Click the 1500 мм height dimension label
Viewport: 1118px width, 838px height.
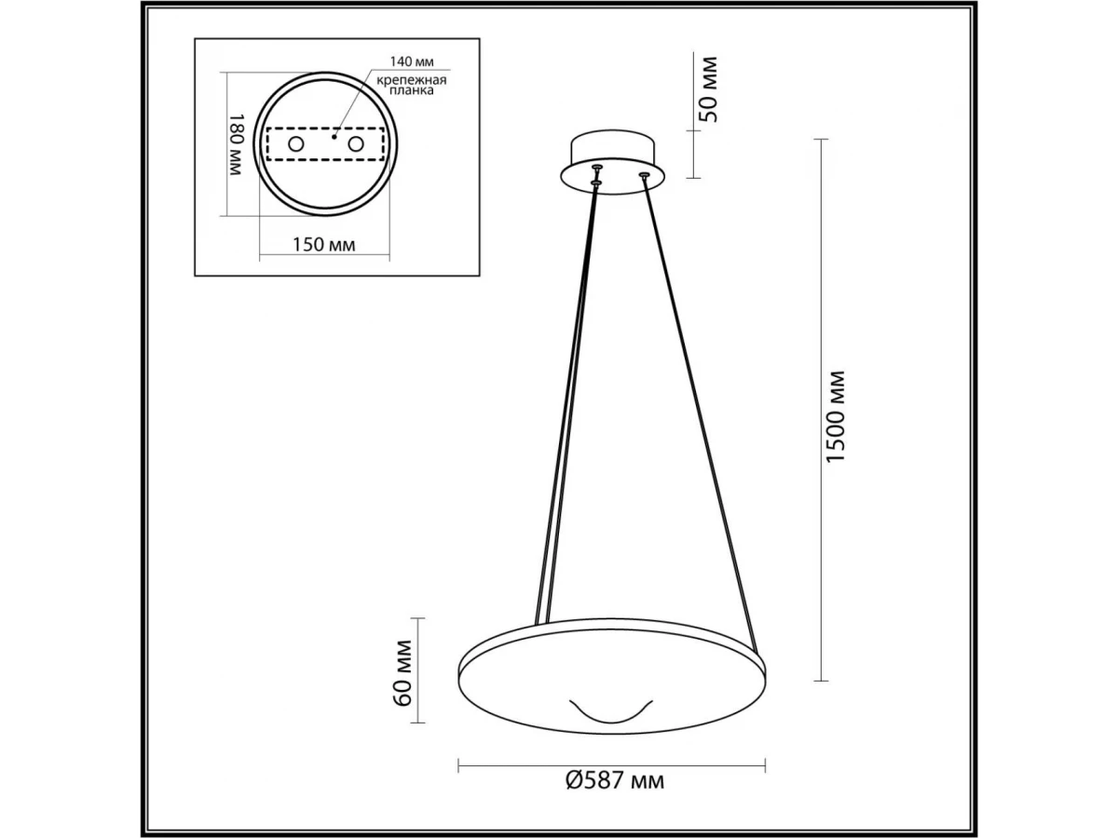835,417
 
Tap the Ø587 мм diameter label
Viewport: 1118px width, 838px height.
615,794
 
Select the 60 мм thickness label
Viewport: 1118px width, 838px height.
402,672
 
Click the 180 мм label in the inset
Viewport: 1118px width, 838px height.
236,144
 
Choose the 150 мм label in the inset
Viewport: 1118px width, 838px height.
324,245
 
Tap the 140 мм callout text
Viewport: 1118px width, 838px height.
412,61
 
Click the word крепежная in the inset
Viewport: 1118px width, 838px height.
412,80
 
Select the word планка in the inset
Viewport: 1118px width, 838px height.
412,90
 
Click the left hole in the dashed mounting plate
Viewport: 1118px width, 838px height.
295,144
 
